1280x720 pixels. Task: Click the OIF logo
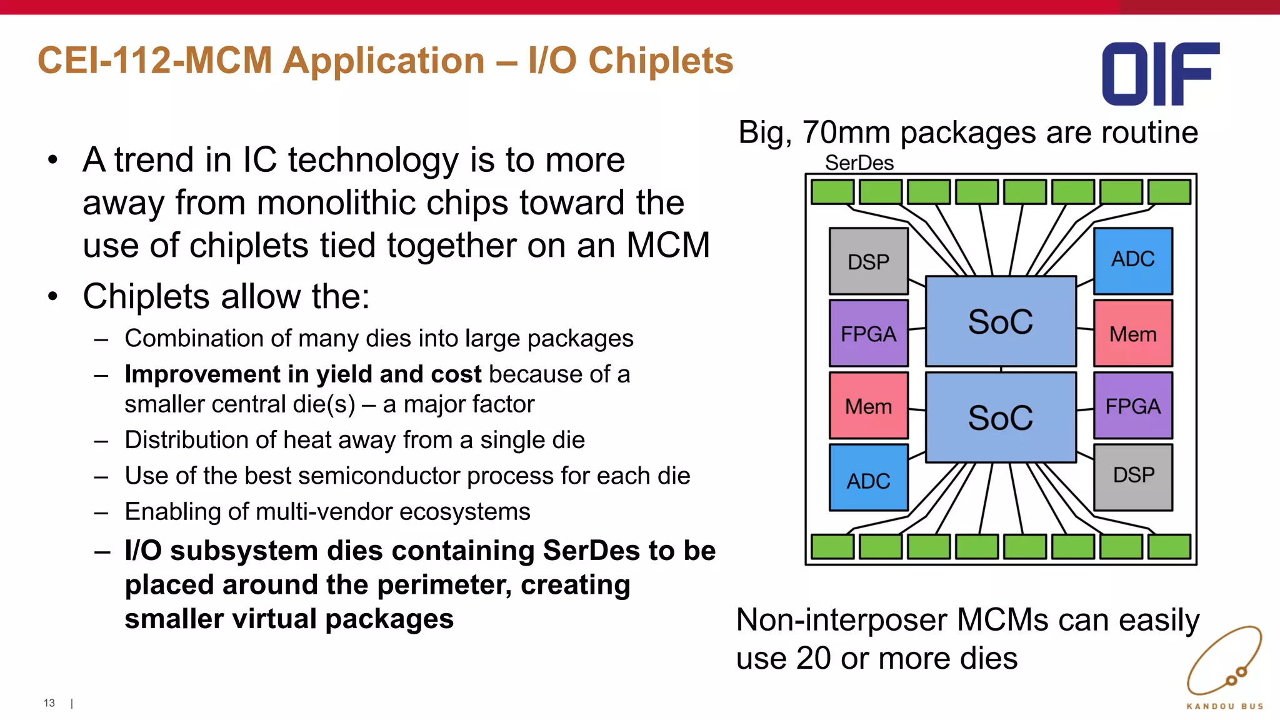coord(1160,74)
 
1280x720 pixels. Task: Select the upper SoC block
coord(1001,321)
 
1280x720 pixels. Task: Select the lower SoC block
coord(1001,417)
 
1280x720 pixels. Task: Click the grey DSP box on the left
coord(868,261)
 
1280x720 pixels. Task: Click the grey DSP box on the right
coord(1133,477)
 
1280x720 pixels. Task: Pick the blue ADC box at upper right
coord(1133,261)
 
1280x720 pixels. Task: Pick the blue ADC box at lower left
coord(868,478)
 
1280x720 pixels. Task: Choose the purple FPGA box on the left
coord(868,333)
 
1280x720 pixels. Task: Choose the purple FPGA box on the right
coord(1133,406)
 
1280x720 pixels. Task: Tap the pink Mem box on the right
coord(1133,333)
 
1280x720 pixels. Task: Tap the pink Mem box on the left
coord(868,406)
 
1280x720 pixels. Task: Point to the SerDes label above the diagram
coord(859,163)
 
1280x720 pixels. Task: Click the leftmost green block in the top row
coord(832,192)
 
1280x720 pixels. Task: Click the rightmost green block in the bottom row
coord(1169,547)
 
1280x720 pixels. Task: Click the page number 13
coord(49,703)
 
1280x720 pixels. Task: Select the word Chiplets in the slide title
coord(661,61)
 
